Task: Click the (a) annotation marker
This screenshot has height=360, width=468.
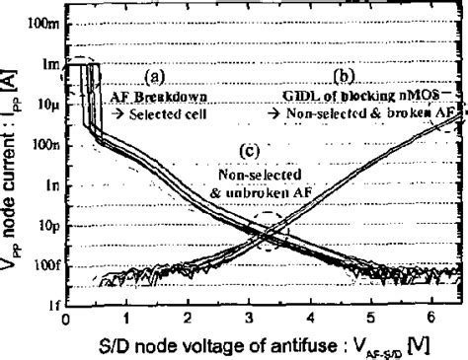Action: pyautogui.click(x=153, y=74)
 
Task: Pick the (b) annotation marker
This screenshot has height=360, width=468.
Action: pyautogui.click(x=343, y=74)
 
